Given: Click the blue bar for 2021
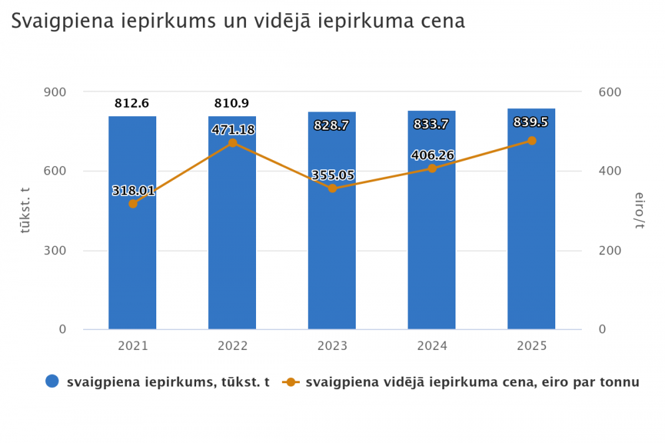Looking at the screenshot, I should pyautogui.click(x=132, y=266).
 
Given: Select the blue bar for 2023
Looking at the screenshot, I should pyautogui.click(x=332, y=266).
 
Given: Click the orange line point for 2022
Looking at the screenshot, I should pyautogui.click(x=233, y=143).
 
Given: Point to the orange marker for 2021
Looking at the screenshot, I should pyautogui.click(x=133, y=204).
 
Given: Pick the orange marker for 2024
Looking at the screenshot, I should pyautogui.click(x=432, y=168).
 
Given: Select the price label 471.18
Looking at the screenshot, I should pyautogui.click(x=233, y=130).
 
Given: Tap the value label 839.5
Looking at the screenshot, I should pyautogui.click(x=531, y=122).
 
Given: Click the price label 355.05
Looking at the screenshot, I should pyautogui.click(x=332, y=175).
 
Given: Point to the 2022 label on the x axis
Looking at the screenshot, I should pyautogui.click(x=232, y=346).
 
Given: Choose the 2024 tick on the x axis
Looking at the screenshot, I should pyautogui.click(x=432, y=346).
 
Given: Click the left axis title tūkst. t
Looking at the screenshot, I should pyautogui.click(x=25, y=210).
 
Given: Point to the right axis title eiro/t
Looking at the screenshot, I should pyautogui.click(x=640, y=210).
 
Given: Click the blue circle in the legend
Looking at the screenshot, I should pyautogui.click(x=53, y=382).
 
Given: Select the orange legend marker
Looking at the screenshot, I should pyautogui.click(x=291, y=382).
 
